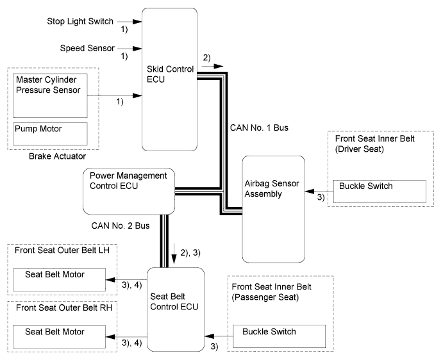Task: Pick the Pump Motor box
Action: click(50, 133)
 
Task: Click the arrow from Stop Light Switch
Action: click(137, 21)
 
